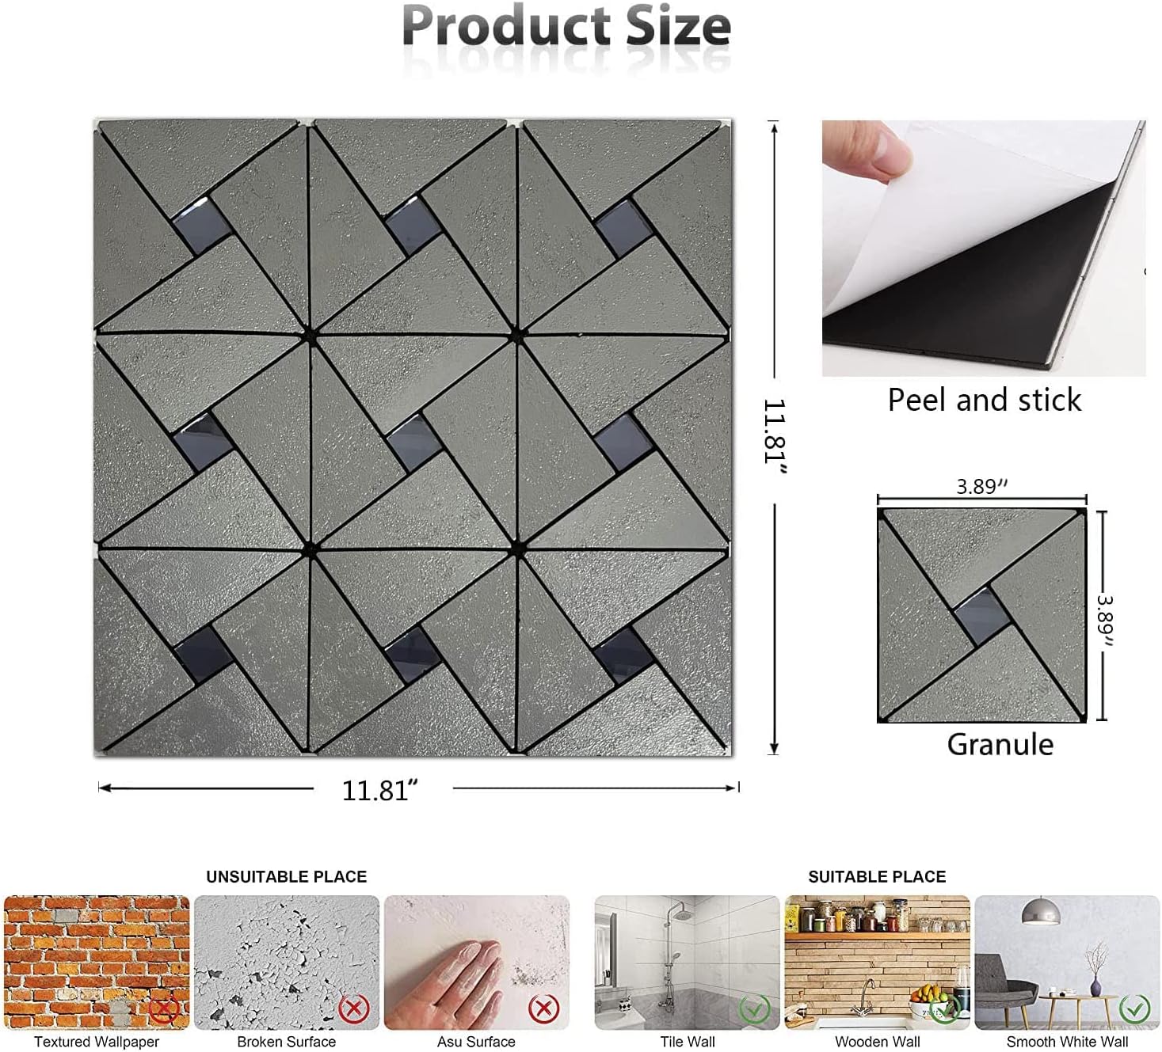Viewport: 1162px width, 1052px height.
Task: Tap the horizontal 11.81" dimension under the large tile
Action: click(379, 789)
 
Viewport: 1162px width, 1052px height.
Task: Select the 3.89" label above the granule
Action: click(981, 486)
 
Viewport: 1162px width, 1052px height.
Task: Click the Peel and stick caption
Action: click(984, 400)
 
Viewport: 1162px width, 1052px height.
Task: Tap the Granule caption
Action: click(1000, 744)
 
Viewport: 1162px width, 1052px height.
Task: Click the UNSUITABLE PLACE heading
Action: click(286, 876)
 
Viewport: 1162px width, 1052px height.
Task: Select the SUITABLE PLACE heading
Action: click(877, 876)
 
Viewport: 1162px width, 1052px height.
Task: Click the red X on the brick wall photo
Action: click(164, 1009)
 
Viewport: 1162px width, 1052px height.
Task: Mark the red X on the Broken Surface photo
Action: click(353, 1008)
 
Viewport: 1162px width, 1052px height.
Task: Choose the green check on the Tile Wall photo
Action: click(754, 1009)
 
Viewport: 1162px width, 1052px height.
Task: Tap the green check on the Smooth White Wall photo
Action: click(1134, 1008)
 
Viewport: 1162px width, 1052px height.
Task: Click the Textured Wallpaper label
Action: click(97, 1042)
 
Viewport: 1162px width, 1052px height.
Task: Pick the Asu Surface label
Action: click(476, 1042)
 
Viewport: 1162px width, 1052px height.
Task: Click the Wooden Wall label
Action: click(877, 1042)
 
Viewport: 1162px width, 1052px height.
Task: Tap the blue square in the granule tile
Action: click(981, 614)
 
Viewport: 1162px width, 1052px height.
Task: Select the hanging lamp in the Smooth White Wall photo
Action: click(1041, 912)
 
